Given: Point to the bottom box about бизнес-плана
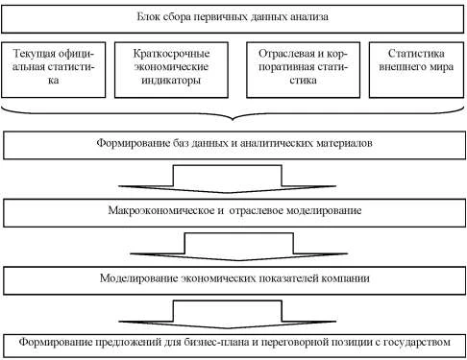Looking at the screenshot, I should (233, 343).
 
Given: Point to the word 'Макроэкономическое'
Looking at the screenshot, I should (150, 209).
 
